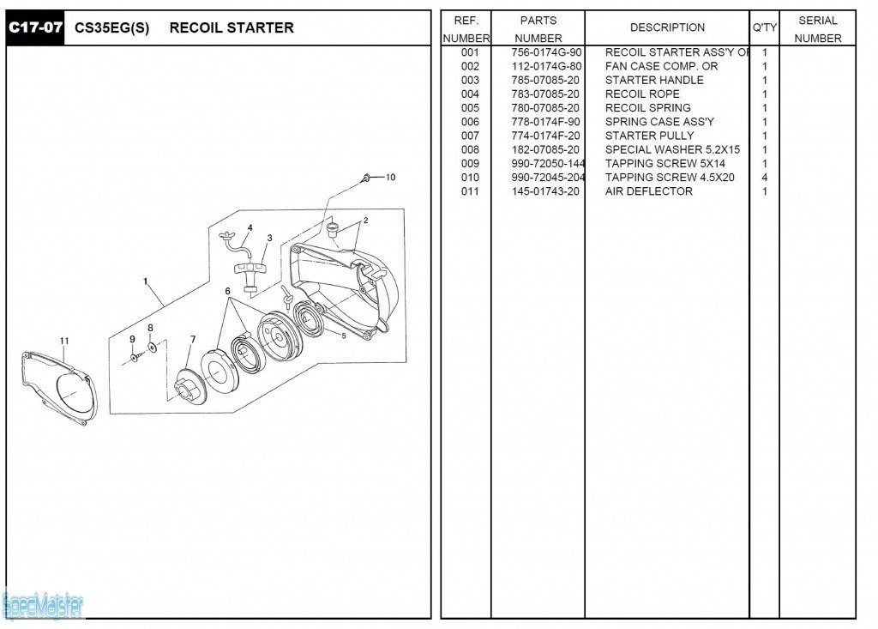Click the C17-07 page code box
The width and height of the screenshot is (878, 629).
click(35, 27)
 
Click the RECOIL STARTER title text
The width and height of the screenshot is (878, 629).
click(232, 27)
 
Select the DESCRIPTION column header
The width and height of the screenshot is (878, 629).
click(667, 27)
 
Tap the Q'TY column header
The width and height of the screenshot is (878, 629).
click(764, 27)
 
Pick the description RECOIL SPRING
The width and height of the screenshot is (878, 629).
click(647, 108)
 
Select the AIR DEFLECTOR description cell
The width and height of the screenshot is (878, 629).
click(648, 191)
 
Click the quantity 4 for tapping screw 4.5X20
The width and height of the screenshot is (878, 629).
click(764, 178)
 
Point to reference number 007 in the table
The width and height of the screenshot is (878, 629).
click(470, 136)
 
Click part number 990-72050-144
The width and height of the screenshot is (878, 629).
click(548, 163)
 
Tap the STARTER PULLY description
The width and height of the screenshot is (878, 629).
click(649, 136)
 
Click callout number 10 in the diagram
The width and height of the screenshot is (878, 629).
click(390, 178)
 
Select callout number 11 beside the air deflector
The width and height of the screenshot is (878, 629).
click(64, 342)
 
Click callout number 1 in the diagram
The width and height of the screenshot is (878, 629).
click(146, 281)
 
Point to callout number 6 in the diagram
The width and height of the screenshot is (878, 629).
click(228, 292)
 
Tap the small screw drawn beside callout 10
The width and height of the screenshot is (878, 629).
click(367, 178)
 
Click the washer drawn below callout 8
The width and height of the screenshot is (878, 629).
click(152, 347)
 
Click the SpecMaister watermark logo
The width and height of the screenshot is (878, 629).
click(43, 606)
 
